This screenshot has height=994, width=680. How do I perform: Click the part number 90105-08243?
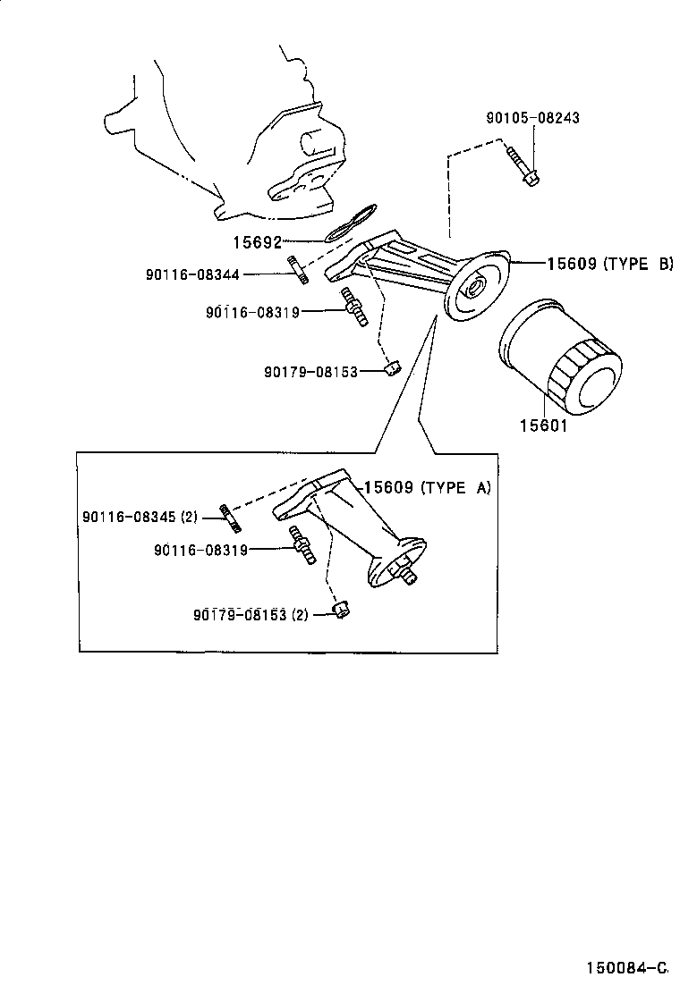[533, 118]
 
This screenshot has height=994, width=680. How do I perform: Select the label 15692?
[257, 242]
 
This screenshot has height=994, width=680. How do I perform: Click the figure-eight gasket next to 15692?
[351, 223]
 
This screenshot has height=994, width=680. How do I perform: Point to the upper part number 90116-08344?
[193, 274]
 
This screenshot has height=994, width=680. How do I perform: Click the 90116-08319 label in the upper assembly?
[252, 312]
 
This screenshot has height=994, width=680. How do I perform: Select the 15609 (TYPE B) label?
[610, 264]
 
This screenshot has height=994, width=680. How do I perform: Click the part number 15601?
[544, 425]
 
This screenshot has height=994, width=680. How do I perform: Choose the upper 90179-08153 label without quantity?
[310, 372]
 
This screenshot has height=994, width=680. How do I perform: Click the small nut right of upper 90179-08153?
[394, 367]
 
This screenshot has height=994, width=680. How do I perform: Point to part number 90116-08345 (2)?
[140, 517]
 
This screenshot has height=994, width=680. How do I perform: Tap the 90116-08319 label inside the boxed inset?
[200, 551]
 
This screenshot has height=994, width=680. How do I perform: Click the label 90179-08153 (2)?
[251, 614]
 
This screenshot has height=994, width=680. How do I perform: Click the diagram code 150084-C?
[626, 967]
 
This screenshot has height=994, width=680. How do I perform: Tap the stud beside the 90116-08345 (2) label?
[230, 518]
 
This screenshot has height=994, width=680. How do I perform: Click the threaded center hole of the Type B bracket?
[475, 290]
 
